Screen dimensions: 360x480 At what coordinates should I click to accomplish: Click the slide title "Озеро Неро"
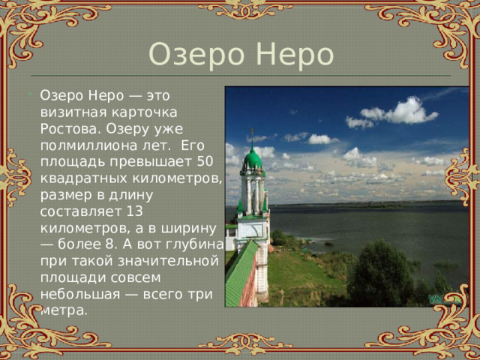tap(240, 55)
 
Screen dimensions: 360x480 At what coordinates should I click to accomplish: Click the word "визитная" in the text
tap(67, 112)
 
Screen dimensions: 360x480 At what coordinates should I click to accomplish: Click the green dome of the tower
tap(253, 159)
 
